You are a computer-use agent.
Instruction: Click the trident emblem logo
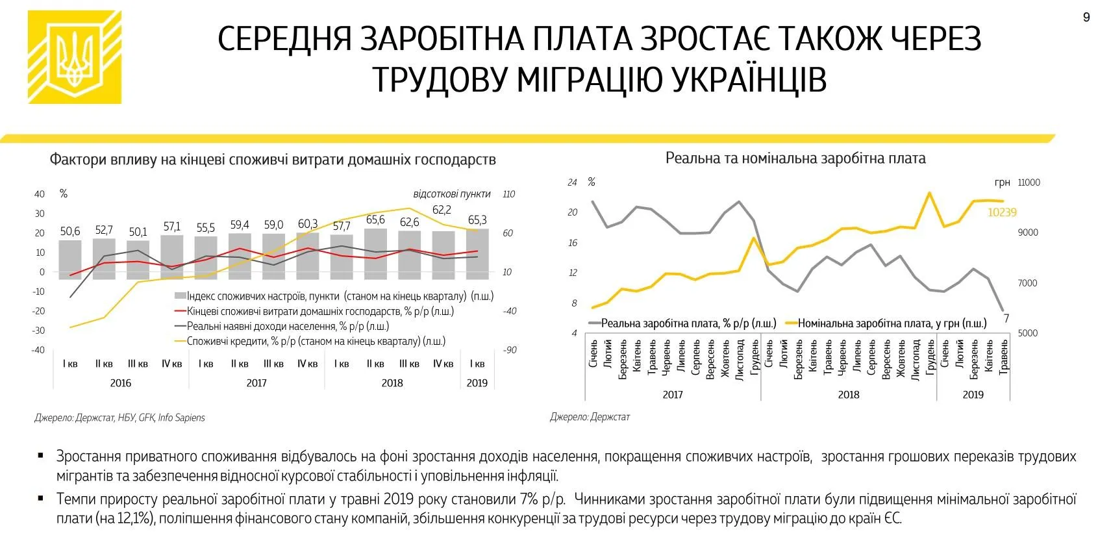coord(74,57)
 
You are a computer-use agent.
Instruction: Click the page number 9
coord(1086,18)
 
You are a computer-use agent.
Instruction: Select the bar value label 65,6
coord(375,220)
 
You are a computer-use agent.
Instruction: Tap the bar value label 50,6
coord(70,231)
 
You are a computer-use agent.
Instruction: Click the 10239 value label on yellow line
coord(1002,212)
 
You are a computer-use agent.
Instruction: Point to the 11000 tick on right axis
coord(1029,182)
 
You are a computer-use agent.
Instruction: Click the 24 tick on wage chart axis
coord(572,182)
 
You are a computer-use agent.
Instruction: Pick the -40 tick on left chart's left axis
coord(39,350)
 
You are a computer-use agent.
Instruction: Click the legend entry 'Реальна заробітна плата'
coord(682,323)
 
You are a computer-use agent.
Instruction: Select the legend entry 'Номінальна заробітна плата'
coord(886,323)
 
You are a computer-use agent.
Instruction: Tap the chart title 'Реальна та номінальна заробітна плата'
coord(795,158)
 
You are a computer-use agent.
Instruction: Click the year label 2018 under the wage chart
coord(849,395)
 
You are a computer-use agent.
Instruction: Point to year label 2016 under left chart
coord(121,383)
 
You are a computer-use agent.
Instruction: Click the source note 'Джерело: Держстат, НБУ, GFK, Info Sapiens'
coord(119,418)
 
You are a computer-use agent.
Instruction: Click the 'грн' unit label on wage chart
coord(1002,182)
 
